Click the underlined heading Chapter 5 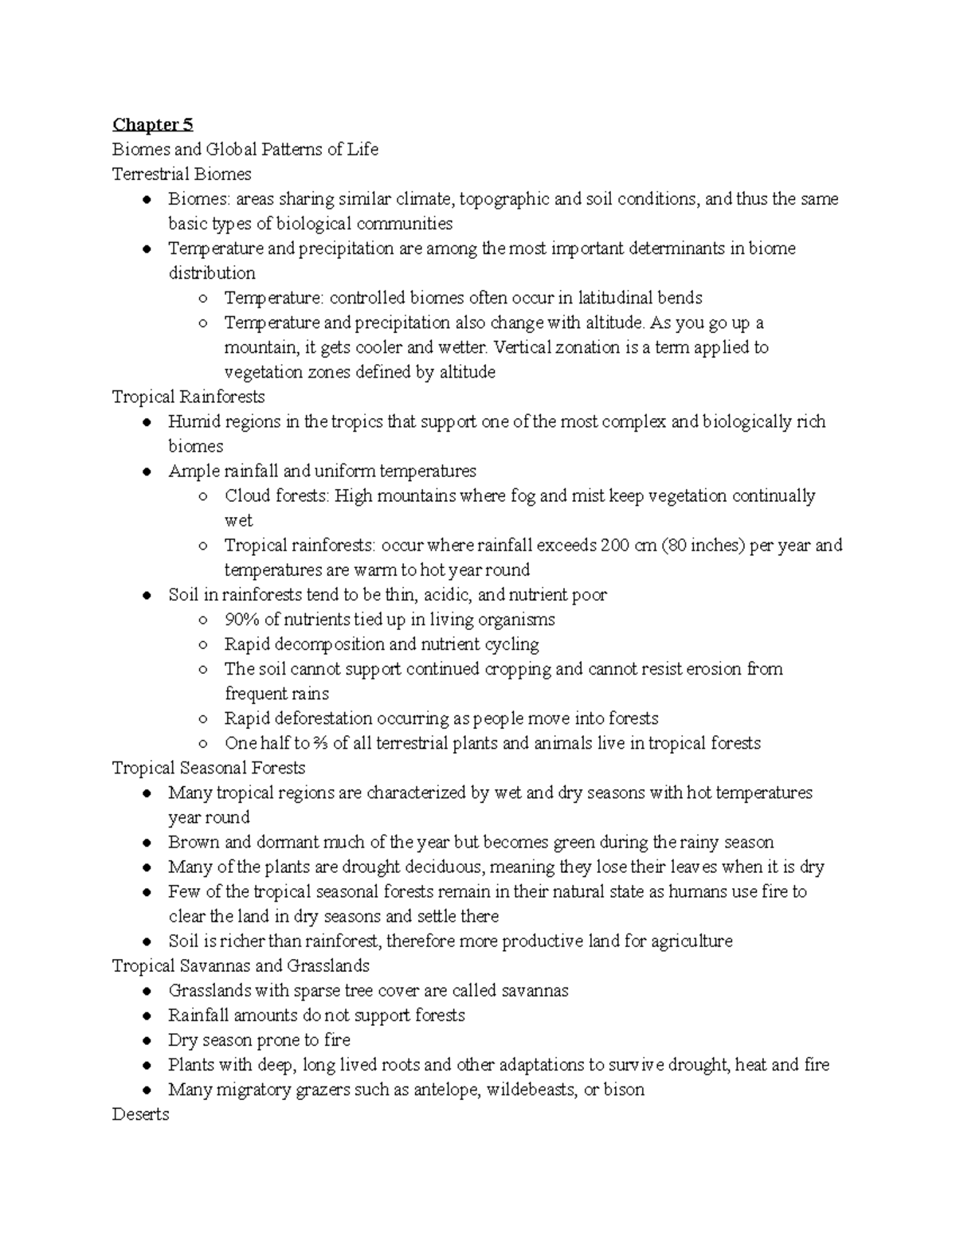tap(152, 124)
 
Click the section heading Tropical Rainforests tap(189, 397)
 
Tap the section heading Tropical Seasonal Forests tap(209, 768)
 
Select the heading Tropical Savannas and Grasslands tap(241, 966)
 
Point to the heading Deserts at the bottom tap(141, 1114)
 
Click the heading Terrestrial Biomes tap(182, 174)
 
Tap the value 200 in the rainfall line tap(616, 546)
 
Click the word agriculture tap(692, 941)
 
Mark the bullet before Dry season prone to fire tap(146, 1041)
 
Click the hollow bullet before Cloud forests tap(203, 496)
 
